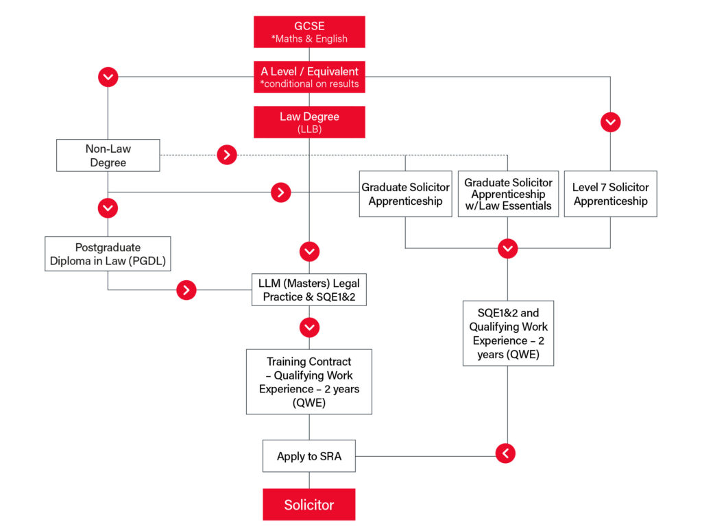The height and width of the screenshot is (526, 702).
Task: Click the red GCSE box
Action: pyautogui.click(x=309, y=32)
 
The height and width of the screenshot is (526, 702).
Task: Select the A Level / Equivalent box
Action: pyautogui.click(x=309, y=77)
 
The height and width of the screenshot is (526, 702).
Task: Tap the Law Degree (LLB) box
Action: pyautogui.click(x=309, y=122)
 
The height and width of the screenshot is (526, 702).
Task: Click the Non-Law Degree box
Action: pyautogui.click(x=108, y=155)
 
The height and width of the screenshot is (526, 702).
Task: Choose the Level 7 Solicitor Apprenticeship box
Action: pyautogui.click(x=611, y=194)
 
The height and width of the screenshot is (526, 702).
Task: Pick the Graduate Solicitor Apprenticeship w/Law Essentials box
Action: pyautogui.click(x=508, y=194)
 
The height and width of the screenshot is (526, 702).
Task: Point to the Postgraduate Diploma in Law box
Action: pyautogui.click(x=108, y=253)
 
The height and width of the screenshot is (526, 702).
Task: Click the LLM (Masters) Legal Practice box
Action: pyautogui.click(x=309, y=290)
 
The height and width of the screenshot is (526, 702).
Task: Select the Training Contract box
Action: pyautogui.click(x=309, y=381)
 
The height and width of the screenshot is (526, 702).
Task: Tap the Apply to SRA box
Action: pyautogui.click(x=309, y=455)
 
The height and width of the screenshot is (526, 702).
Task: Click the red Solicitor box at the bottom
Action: pyautogui.click(x=309, y=505)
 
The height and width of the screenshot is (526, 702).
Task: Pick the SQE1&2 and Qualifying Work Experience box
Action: pyautogui.click(x=508, y=334)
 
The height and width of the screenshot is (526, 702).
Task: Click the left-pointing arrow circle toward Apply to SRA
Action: pyautogui.click(x=505, y=453)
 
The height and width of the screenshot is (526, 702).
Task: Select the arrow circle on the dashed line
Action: pyautogui.click(x=227, y=155)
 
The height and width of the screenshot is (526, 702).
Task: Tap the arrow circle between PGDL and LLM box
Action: pyautogui.click(x=186, y=290)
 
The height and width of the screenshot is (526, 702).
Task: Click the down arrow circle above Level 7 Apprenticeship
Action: pyautogui.click(x=611, y=122)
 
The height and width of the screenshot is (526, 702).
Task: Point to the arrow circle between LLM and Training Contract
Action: pyautogui.click(x=309, y=327)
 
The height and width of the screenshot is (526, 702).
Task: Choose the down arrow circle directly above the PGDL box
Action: pyautogui.click(x=108, y=208)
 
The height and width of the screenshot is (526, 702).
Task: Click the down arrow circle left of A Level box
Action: pyautogui.click(x=108, y=77)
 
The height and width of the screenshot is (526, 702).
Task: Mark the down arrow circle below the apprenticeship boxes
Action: pyautogui.click(x=508, y=248)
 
